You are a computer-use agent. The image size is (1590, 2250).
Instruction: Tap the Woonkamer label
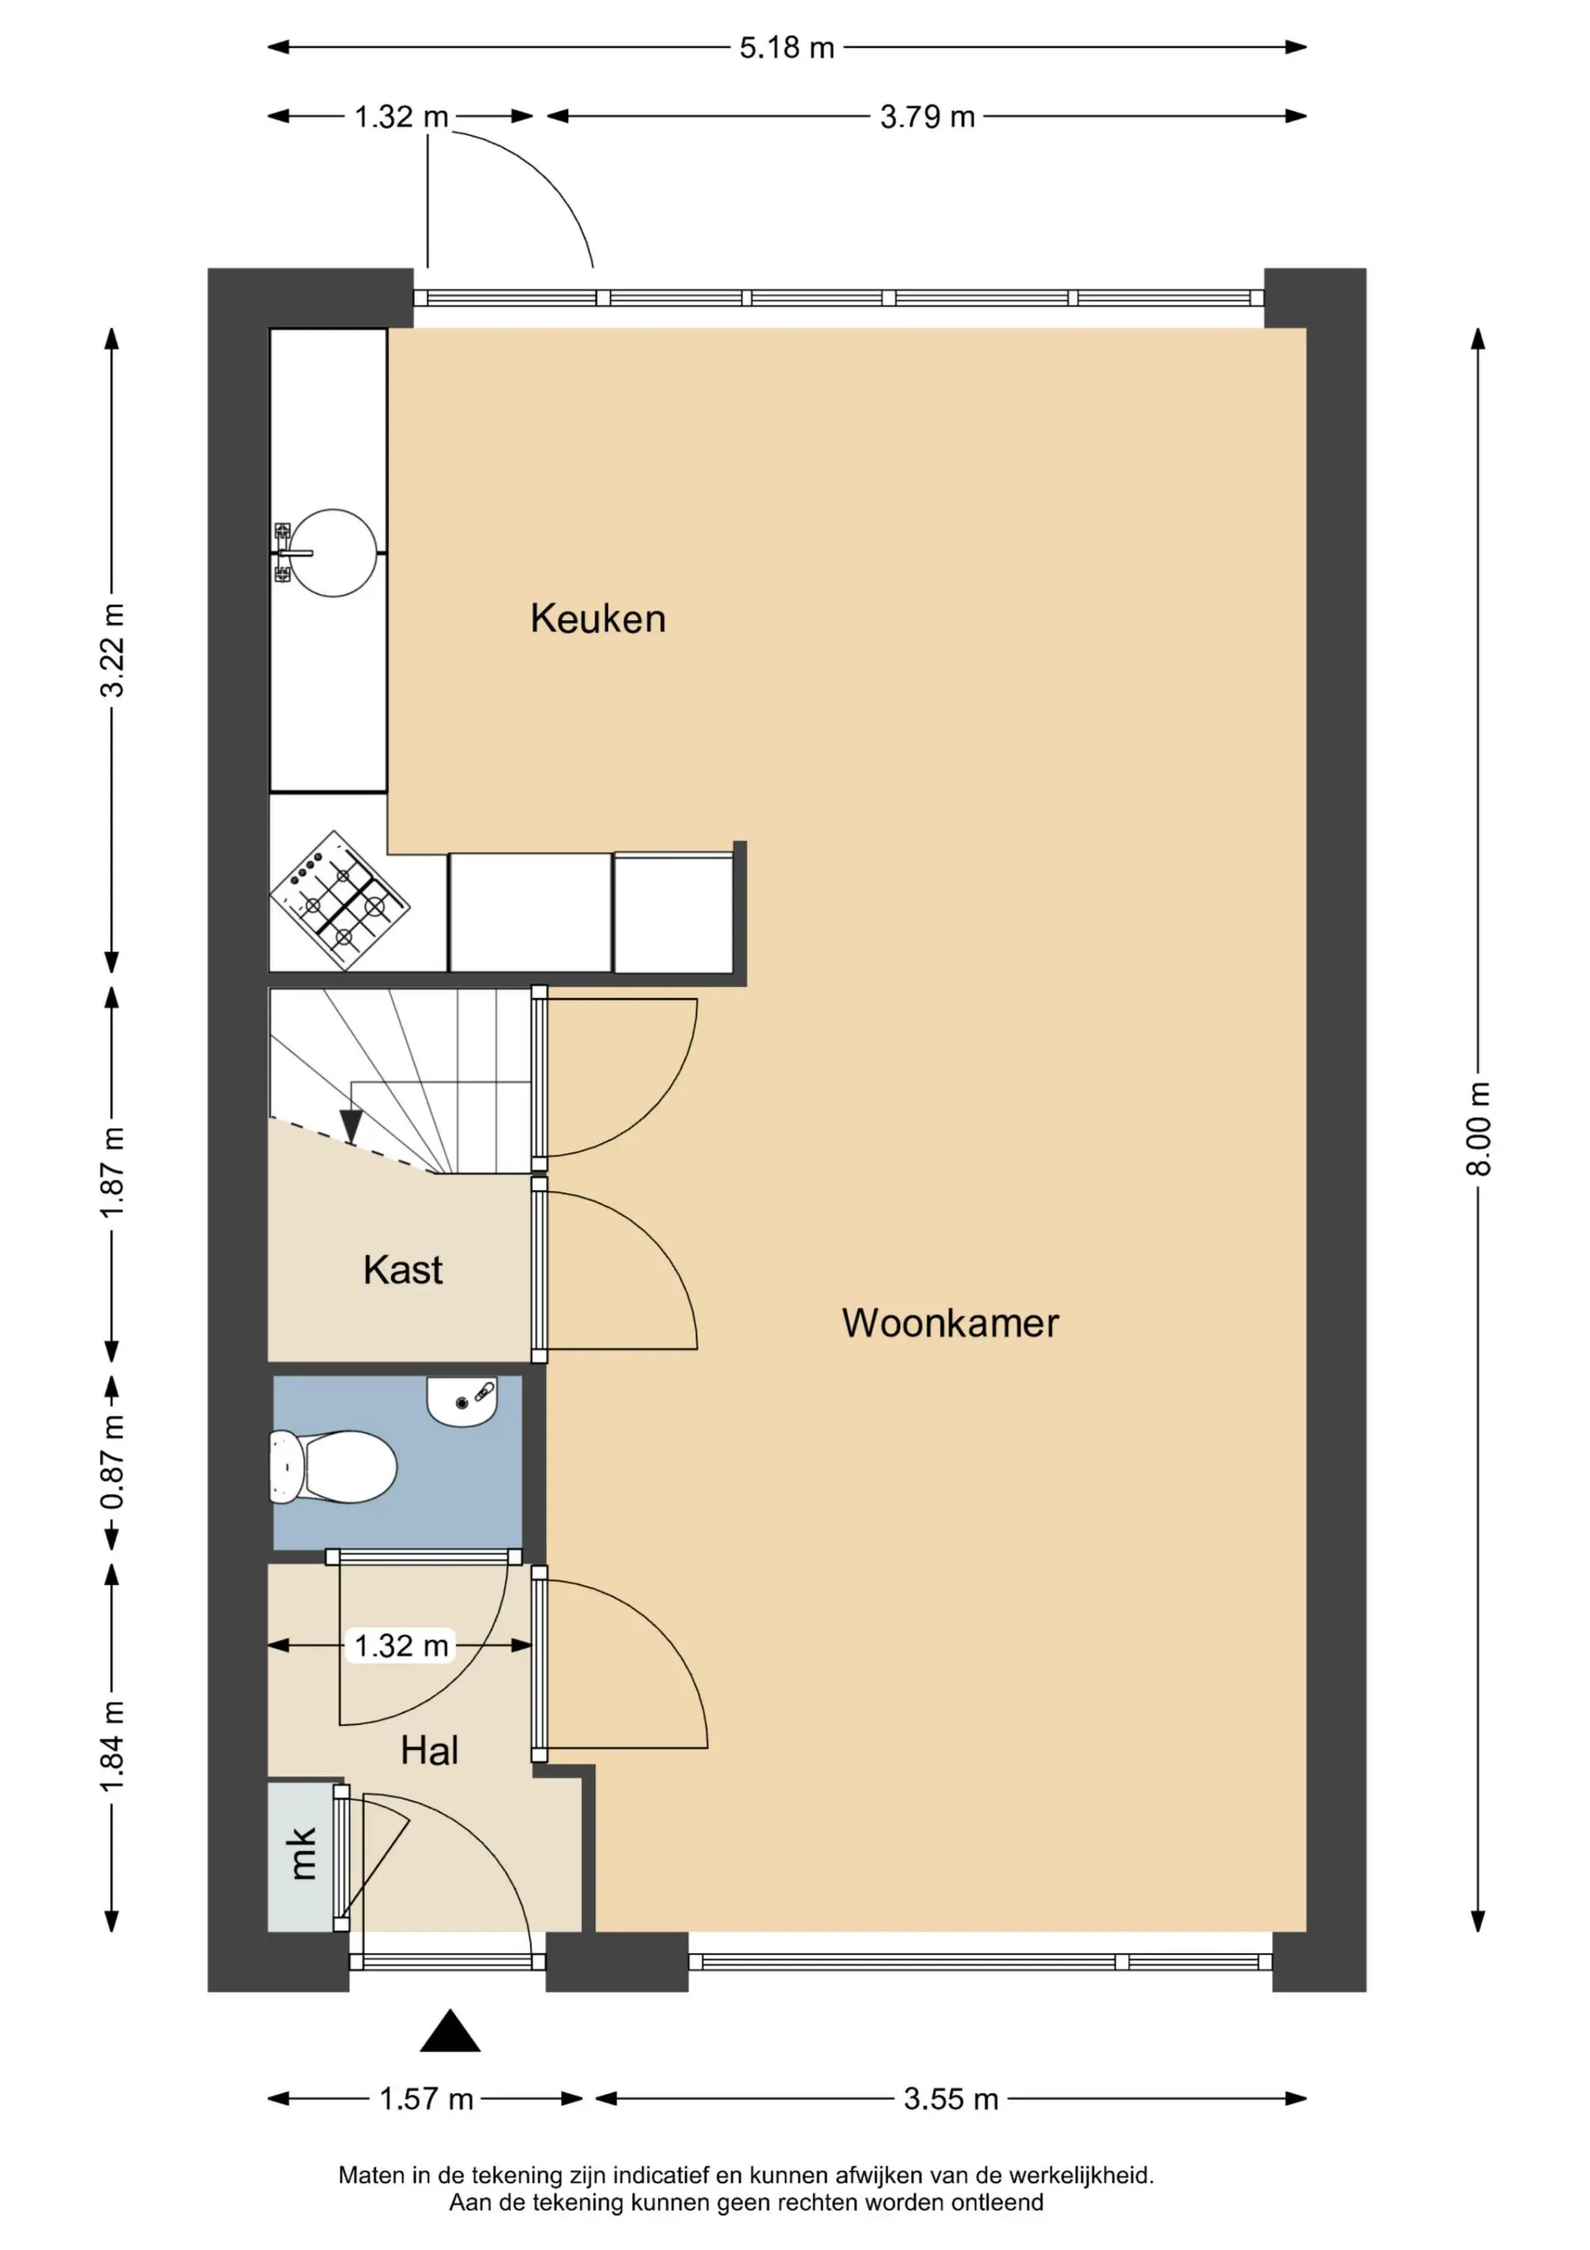click(x=951, y=1323)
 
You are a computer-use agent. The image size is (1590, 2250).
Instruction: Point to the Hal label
click(x=429, y=1750)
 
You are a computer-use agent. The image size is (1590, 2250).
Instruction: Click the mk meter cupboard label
click(x=303, y=1853)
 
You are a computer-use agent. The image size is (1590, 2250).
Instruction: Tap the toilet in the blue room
click(x=332, y=1466)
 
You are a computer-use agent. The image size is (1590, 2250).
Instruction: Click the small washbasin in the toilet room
click(x=462, y=1401)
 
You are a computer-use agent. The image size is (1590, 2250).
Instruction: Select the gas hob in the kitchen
click(x=340, y=901)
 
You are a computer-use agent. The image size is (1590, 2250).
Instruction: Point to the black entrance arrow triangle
click(x=450, y=2032)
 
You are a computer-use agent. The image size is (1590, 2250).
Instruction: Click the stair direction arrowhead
click(x=351, y=1127)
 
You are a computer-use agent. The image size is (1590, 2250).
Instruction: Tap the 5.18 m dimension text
click(x=786, y=47)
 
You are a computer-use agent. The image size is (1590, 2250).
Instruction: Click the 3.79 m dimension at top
click(x=927, y=116)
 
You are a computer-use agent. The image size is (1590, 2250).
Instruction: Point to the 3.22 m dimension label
click(x=112, y=649)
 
